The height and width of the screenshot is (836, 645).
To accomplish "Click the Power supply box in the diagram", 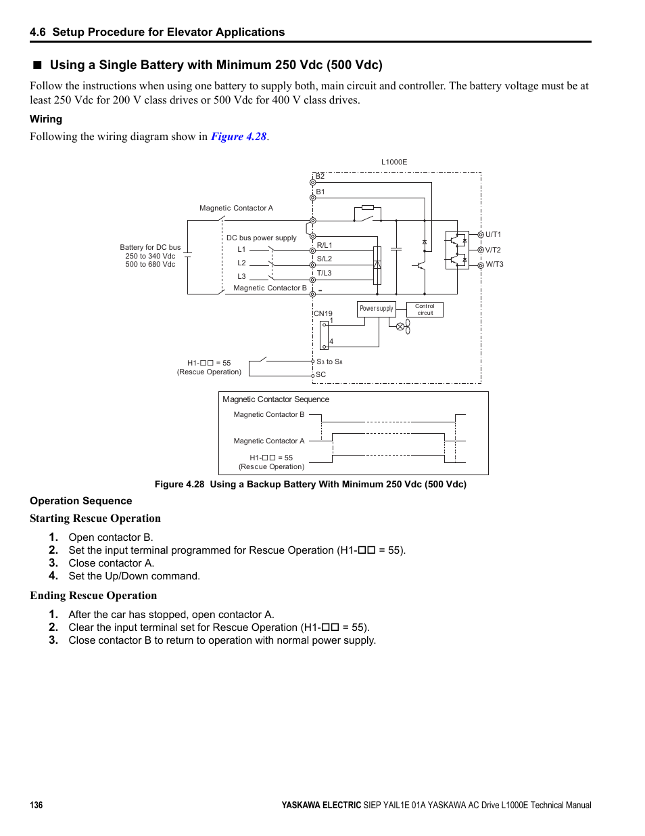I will point(376,309).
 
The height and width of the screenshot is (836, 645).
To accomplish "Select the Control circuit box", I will point(425,309).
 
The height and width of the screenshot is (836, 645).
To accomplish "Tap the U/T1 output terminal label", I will point(493,235).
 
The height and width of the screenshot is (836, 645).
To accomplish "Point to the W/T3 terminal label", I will point(494,265).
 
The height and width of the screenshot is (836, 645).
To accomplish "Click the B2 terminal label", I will point(320,176).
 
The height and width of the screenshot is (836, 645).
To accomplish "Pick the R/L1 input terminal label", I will point(325,245).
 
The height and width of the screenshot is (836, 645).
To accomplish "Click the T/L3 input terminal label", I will point(325,273).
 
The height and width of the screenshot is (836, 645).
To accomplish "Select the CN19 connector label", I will point(323,313).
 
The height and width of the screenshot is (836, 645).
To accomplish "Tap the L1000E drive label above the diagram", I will point(394,162).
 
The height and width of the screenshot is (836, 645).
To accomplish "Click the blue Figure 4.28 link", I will point(239,137).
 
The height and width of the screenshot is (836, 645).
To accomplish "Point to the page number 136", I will point(37,805).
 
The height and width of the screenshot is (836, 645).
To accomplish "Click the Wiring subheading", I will point(46,119).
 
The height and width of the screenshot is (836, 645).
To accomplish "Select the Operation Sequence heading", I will point(81,501).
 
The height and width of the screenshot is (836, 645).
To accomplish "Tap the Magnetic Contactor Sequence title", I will point(276,399).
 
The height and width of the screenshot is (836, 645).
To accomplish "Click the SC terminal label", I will point(321,374).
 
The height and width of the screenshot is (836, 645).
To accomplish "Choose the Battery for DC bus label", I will point(150,248).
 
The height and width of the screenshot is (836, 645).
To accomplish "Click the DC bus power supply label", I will point(261,238).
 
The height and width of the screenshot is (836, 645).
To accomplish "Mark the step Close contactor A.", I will point(111,563).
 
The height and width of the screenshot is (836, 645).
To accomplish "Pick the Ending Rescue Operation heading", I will point(93,596).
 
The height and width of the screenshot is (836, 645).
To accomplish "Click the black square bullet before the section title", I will point(37,65).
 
